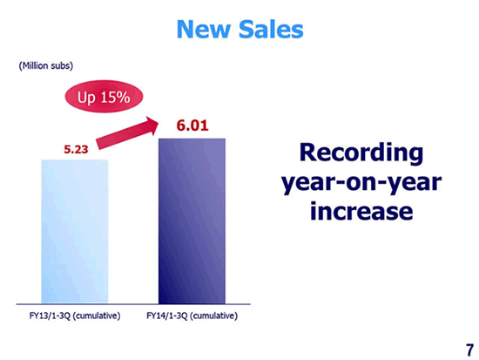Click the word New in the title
(203, 30)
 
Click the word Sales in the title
(271, 30)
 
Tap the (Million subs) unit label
(46, 65)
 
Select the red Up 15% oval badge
(104, 97)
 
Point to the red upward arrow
(127, 133)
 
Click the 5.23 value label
(76, 149)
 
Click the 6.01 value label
(192, 126)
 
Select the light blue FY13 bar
(75, 232)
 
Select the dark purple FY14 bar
(192, 221)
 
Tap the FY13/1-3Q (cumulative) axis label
(75, 316)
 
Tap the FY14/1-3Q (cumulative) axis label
(192, 316)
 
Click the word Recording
(361, 153)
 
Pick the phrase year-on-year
(361, 183)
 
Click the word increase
(361, 211)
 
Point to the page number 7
(469, 350)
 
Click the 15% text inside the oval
(116, 98)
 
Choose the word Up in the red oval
(86, 98)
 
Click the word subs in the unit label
(62, 65)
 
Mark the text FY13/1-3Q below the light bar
(51, 316)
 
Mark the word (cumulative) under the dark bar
(214, 316)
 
